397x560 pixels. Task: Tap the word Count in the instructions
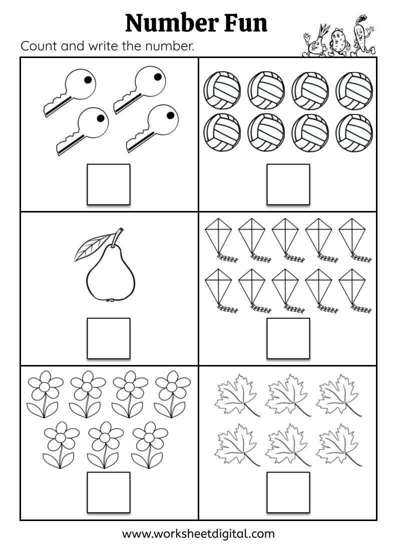39,46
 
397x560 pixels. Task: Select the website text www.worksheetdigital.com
198,533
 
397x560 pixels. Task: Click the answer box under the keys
109,184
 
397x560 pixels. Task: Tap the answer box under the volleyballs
288,184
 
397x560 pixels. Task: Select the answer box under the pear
109,338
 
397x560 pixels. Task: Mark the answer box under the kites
288,338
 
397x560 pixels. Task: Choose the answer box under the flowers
109,492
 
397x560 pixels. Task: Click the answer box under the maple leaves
288,492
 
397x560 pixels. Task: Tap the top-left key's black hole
88,79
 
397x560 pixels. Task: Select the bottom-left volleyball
222,131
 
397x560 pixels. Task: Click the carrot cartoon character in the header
358,39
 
